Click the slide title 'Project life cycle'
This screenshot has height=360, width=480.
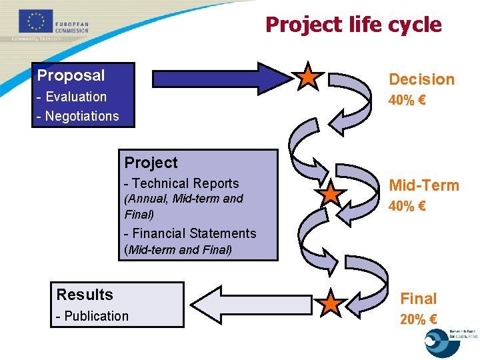click(x=353, y=25)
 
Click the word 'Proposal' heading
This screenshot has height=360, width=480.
click(x=71, y=75)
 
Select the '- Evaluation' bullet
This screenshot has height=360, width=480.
click(x=72, y=97)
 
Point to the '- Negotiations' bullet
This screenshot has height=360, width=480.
click(x=77, y=116)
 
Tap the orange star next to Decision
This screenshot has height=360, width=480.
click(x=308, y=77)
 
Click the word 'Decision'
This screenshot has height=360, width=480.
click(x=421, y=79)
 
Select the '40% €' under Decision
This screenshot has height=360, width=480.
click(x=407, y=101)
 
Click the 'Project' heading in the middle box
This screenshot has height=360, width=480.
click(x=151, y=163)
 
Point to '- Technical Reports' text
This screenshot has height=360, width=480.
click(x=181, y=183)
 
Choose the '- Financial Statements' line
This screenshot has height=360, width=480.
click(x=190, y=233)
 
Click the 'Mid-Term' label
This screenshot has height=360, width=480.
click(x=424, y=185)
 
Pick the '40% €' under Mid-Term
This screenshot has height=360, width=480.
click(x=407, y=207)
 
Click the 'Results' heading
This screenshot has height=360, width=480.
click(x=85, y=295)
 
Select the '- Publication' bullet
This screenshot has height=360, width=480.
click(x=93, y=316)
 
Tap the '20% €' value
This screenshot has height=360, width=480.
click(x=419, y=319)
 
